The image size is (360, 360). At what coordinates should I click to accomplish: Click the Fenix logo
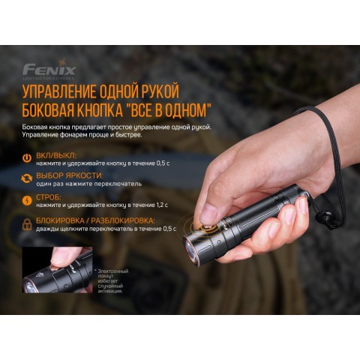point(49,70)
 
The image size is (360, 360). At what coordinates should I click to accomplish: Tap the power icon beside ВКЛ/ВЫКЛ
point(28,157)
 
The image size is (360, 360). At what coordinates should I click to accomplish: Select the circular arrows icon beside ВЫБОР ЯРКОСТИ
point(28,178)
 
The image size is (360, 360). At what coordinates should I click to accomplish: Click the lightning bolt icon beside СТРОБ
point(28,200)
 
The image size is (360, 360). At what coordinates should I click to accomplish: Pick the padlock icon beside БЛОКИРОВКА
point(28,223)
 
